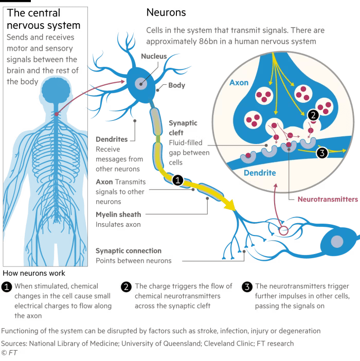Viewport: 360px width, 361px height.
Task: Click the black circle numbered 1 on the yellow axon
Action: pos(177,180)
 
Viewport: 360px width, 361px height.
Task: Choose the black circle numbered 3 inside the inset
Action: pos(321,152)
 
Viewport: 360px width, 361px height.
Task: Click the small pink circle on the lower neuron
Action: pos(283,230)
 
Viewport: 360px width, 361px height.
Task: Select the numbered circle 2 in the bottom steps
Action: pos(127,287)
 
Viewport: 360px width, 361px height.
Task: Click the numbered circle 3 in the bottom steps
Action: pos(247,287)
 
